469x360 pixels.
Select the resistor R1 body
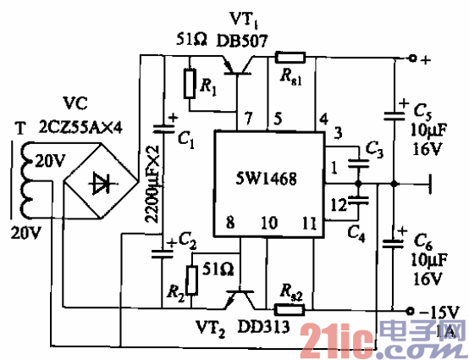(x=190, y=83)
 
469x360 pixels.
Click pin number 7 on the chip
(x=247, y=118)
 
